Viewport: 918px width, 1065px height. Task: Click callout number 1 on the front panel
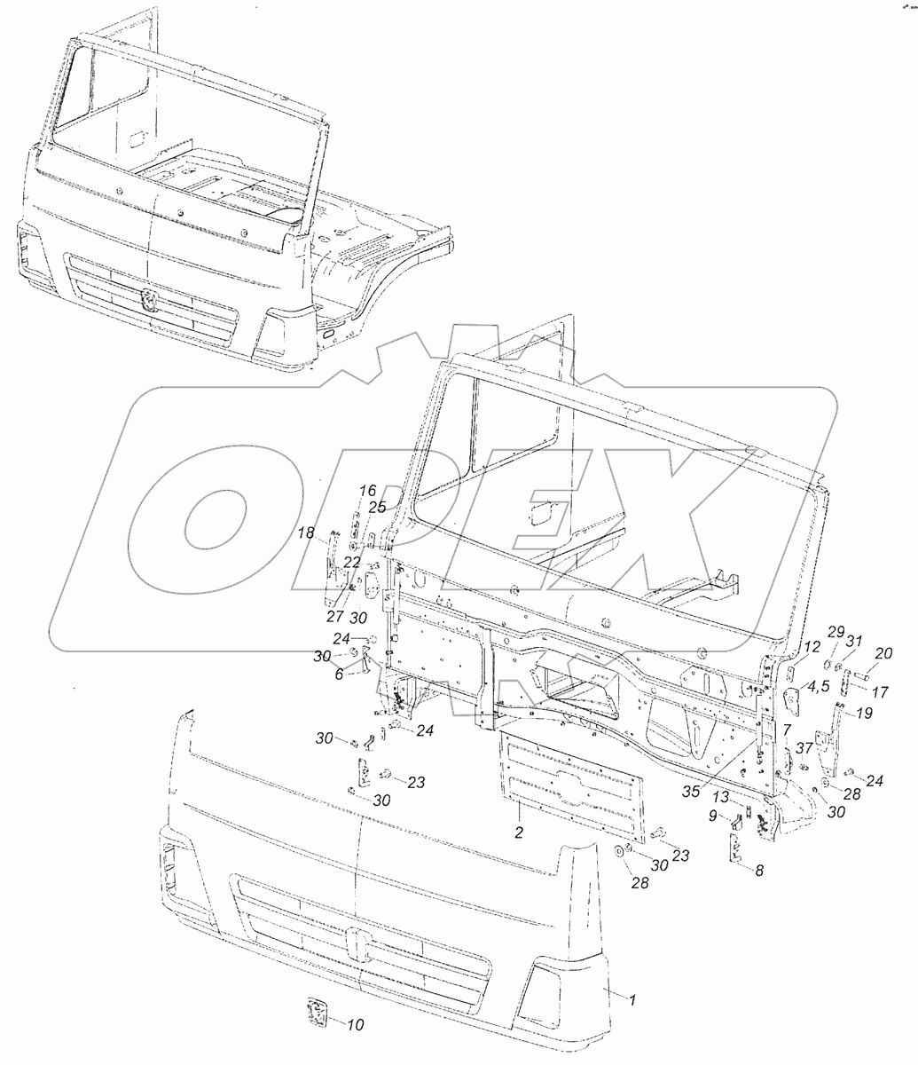632,1000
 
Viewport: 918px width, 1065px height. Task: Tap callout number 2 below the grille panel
520,832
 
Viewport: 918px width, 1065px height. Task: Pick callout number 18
306,532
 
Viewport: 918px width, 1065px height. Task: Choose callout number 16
367,491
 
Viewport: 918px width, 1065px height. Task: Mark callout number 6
338,675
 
